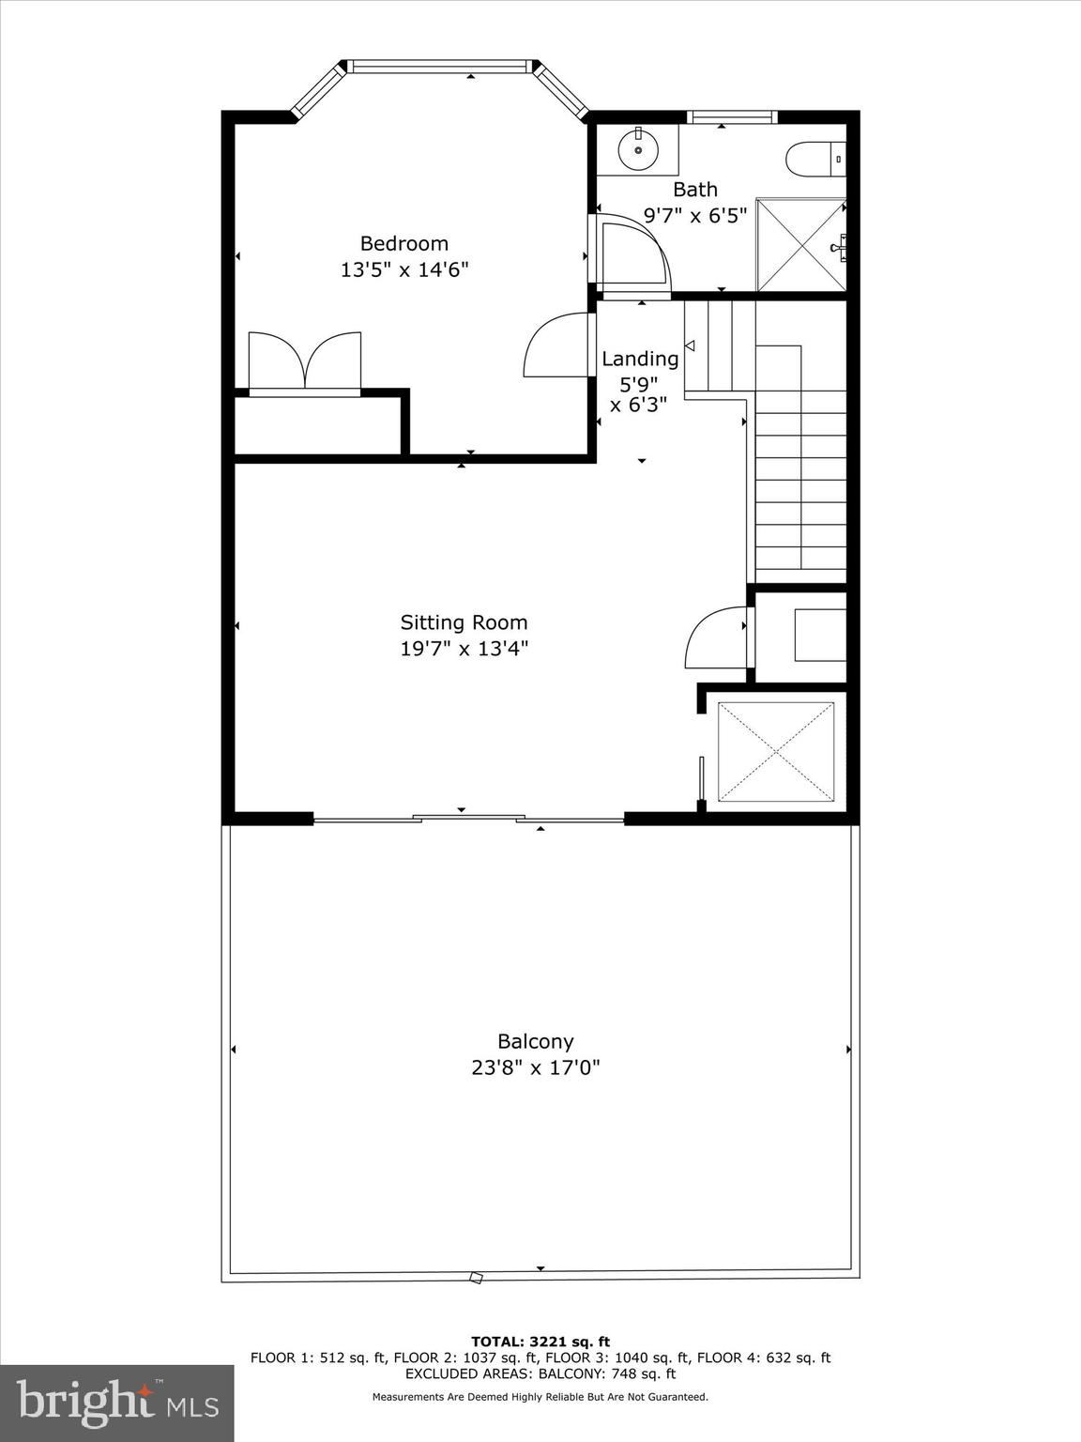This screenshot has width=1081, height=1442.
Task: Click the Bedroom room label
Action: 403,244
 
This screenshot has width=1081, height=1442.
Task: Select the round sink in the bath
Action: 638,149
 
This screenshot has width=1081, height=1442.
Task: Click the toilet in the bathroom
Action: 815,159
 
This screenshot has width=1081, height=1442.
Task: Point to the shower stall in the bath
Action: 800,245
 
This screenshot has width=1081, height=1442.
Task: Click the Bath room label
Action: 694,190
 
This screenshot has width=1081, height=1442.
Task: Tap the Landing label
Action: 640,359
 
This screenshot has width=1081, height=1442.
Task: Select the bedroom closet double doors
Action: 304,361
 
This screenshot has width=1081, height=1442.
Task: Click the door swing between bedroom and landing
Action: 557,345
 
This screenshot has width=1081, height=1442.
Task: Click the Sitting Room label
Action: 464,622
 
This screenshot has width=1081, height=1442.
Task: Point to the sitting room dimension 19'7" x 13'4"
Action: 464,649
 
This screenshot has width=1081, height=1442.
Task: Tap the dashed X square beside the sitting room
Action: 776,751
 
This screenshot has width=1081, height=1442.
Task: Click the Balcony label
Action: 535,1041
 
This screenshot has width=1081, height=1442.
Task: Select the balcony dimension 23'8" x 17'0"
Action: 535,1067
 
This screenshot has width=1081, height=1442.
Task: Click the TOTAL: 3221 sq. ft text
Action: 540,1342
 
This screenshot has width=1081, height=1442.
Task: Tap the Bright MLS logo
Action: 116,1403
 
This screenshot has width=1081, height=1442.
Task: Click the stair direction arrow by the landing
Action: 690,346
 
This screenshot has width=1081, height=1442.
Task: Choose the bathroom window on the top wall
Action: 731,117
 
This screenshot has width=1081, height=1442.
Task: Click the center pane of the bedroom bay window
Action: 439,67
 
